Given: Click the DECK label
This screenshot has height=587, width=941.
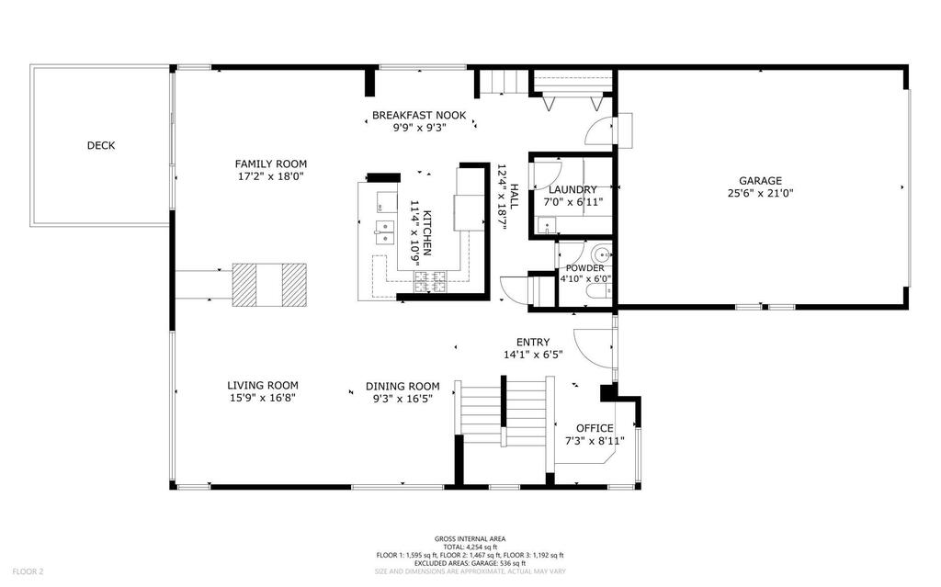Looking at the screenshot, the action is pyautogui.click(x=101, y=145).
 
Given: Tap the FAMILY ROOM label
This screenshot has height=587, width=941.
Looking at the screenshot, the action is pyautogui.click(x=271, y=164).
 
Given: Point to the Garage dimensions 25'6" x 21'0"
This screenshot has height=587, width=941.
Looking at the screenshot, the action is pyautogui.click(x=760, y=193).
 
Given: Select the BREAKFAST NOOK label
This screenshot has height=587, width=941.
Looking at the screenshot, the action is pyautogui.click(x=419, y=115).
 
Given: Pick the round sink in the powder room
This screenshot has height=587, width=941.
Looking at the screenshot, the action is pyautogui.click(x=601, y=253).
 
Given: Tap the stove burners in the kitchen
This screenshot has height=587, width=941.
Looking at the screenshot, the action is pyautogui.click(x=430, y=282).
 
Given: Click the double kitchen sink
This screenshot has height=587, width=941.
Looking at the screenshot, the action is pyautogui.click(x=384, y=232).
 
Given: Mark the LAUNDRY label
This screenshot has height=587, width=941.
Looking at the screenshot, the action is pyautogui.click(x=573, y=189).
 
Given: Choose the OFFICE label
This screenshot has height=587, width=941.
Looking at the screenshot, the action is pyautogui.click(x=595, y=428).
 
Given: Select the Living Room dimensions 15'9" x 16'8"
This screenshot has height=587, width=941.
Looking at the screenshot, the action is pyautogui.click(x=262, y=398).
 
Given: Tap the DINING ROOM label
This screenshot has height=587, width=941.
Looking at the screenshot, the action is pyautogui.click(x=402, y=387).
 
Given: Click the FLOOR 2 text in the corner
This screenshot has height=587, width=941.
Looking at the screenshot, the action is pyautogui.click(x=28, y=571).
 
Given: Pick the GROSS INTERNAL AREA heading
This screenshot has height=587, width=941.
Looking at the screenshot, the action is pyautogui.click(x=470, y=539).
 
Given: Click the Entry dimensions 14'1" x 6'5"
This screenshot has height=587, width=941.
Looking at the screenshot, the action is pyautogui.click(x=533, y=355).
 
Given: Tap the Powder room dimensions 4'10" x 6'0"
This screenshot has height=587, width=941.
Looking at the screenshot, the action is pyautogui.click(x=585, y=278).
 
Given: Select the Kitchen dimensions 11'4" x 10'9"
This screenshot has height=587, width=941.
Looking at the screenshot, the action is pyautogui.click(x=414, y=233).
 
